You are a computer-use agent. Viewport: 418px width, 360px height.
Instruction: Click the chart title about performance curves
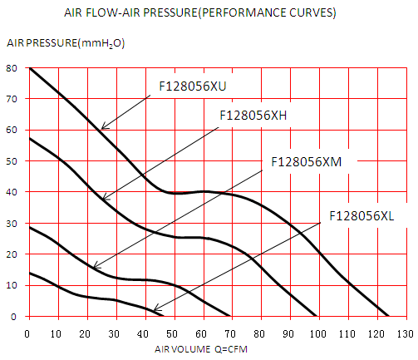(x=200, y=12)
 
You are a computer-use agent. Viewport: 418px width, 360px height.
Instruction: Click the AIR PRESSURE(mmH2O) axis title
(x=66, y=43)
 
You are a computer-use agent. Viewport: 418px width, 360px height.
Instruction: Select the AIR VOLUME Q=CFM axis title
(x=201, y=349)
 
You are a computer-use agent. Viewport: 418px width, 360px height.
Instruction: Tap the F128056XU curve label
(x=193, y=86)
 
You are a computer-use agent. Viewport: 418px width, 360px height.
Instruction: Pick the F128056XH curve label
(x=253, y=116)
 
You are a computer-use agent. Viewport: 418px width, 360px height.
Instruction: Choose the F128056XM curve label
(x=307, y=162)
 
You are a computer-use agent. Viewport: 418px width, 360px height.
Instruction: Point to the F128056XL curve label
(x=361, y=216)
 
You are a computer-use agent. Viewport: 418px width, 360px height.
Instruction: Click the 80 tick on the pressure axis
(x=12, y=68)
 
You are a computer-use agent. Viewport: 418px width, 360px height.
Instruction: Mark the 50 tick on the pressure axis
(x=12, y=161)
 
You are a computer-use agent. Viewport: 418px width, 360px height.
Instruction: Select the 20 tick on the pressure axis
(x=12, y=254)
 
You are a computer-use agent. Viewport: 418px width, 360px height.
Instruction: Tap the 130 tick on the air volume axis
(x=405, y=334)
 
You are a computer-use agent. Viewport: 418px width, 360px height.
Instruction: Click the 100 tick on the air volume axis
(x=318, y=334)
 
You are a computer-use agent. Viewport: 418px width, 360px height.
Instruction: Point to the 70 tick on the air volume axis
(x=230, y=334)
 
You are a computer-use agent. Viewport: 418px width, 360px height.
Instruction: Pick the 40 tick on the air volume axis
(x=143, y=334)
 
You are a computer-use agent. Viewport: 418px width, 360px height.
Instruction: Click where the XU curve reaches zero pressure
(x=389, y=316)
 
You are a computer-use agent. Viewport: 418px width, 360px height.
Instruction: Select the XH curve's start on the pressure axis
(x=30, y=138)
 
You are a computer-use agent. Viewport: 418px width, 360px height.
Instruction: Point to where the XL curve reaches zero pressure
(x=163, y=316)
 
